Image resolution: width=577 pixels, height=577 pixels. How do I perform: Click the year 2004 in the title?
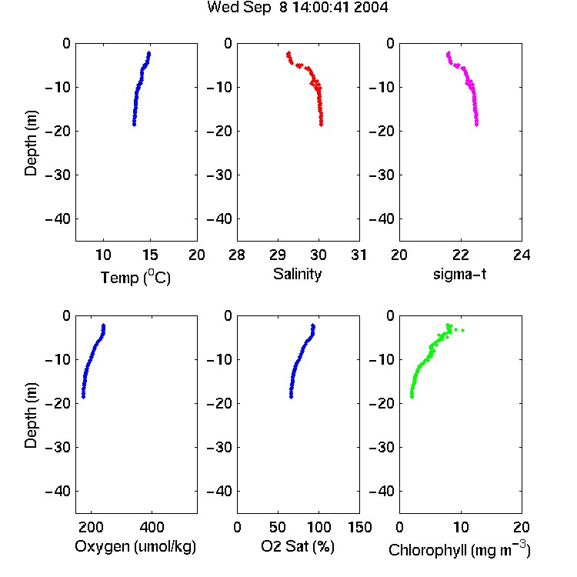pyautogui.click(x=371, y=8)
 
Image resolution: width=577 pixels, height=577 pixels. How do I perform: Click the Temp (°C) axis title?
pyautogui.click(x=135, y=277)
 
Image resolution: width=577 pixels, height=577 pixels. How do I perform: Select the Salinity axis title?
pyautogui.click(x=297, y=275)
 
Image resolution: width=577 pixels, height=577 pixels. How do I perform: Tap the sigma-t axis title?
pyautogui.click(x=459, y=274)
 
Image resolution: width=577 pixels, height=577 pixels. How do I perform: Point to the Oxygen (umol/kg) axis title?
pyautogui.click(x=135, y=547)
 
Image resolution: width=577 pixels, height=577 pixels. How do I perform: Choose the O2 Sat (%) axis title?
pyautogui.click(x=297, y=547)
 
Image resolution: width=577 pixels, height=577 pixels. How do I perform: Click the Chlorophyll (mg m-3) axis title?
pyautogui.click(x=459, y=549)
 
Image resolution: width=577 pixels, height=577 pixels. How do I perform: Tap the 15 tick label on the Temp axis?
pyautogui.click(x=150, y=255)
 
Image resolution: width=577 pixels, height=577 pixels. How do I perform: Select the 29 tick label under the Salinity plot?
pyautogui.click(x=278, y=255)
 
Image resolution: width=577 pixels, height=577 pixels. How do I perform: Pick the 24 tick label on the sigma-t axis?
pyautogui.click(x=522, y=255)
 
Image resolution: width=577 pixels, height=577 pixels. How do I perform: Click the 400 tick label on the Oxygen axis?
pyautogui.click(x=152, y=527)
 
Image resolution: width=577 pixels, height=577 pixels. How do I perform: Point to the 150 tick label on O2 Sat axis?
pyautogui.click(x=359, y=527)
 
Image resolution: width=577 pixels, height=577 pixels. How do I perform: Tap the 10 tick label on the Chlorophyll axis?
pyautogui.click(x=461, y=527)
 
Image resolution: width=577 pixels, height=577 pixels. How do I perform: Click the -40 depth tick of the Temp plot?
pyautogui.click(x=58, y=219)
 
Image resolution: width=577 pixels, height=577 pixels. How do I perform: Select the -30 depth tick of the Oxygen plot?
pyautogui.click(x=58, y=447)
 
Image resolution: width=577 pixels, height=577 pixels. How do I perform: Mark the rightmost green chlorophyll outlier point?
pyautogui.click(x=462, y=331)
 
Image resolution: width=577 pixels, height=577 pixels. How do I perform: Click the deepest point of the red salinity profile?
pyautogui.click(x=322, y=125)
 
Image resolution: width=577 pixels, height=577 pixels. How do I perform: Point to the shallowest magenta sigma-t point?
pyautogui.click(x=449, y=54)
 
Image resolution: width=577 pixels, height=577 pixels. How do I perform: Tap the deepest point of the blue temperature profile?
pyautogui.click(x=134, y=125)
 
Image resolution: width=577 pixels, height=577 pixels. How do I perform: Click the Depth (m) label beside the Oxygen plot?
pyautogui.click(x=31, y=415)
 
